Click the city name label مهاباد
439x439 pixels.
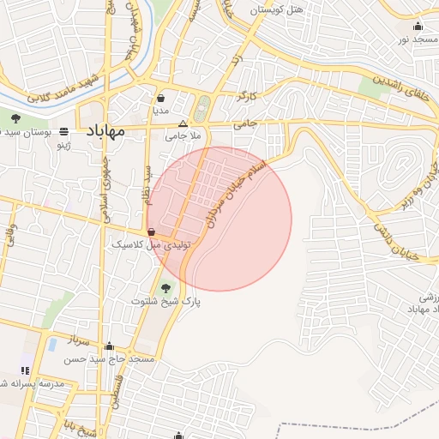[105, 131]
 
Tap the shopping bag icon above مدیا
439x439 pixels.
[161, 98]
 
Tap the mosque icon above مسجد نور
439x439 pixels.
[418, 26]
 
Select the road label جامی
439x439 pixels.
[270, 124]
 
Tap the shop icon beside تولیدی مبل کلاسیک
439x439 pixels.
[151, 232]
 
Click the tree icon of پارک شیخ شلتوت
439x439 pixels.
[165, 288]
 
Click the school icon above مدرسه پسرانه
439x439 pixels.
[24, 370]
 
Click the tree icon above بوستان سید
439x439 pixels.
[15, 118]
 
